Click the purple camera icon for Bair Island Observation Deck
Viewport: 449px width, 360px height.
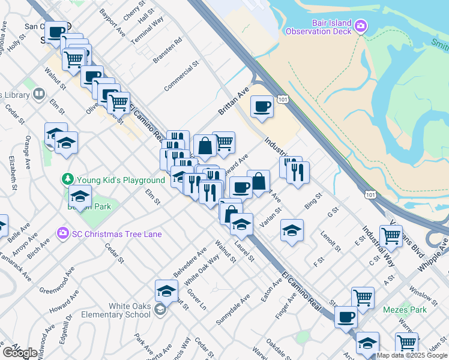[361, 26]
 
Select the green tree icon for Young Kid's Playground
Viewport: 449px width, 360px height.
[68, 179]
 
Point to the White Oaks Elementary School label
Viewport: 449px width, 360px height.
[130, 310]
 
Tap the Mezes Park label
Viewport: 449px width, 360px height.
[405, 310]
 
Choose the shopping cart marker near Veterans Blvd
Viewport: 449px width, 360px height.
[391, 236]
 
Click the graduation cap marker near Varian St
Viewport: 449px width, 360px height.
[292, 230]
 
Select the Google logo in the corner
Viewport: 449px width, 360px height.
[19, 353]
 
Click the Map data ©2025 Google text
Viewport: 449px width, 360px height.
[411, 355]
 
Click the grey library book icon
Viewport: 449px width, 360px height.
[39, 94]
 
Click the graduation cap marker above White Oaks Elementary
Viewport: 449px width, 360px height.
[166, 291]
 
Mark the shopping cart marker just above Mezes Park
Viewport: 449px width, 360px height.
[362, 298]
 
